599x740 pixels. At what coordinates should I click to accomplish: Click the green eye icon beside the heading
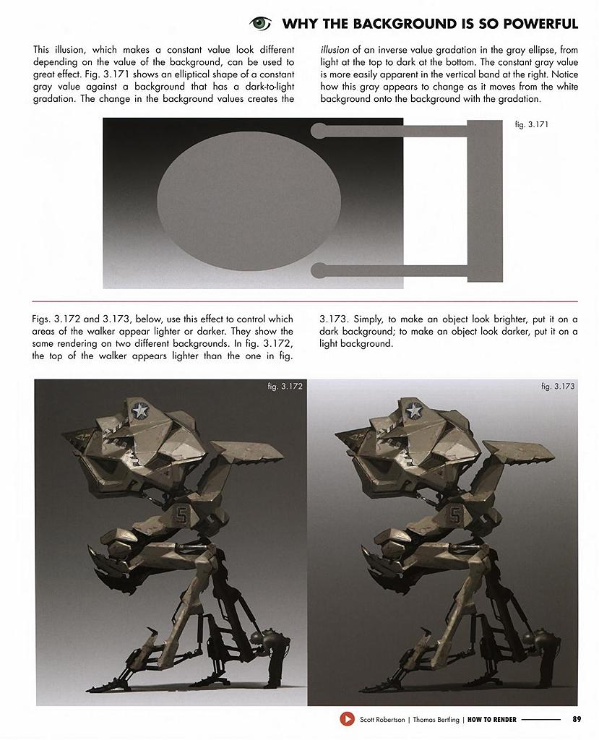click(x=260, y=24)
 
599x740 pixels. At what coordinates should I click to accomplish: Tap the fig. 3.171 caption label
click(x=531, y=124)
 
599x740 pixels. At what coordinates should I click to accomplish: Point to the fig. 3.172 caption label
click(x=285, y=387)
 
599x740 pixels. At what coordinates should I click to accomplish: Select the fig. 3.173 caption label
click(x=558, y=387)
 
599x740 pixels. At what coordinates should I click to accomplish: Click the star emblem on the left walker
click(x=139, y=411)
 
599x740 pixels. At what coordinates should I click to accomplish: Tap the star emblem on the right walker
click(x=413, y=411)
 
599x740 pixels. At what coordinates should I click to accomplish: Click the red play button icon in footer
click(x=347, y=719)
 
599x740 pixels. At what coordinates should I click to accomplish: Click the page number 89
click(x=576, y=719)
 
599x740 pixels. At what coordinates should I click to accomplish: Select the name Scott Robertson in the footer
click(x=382, y=719)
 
